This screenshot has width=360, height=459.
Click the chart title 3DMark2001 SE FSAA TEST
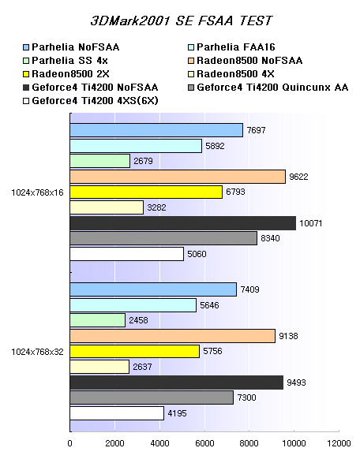click(x=182, y=21)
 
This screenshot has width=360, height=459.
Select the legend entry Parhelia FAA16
click(x=231, y=47)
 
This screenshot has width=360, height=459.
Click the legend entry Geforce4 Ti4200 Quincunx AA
click(x=268, y=88)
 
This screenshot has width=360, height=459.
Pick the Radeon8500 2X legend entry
click(x=66, y=74)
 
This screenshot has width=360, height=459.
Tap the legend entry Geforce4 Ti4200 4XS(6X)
click(x=91, y=101)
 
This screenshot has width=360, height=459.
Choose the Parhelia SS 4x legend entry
click(x=66, y=61)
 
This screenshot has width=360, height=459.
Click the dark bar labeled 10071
click(x=183, y=223)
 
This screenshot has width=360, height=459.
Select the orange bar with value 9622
click(x=178, y=177)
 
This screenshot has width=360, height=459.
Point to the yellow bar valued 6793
click(x=146, y=192)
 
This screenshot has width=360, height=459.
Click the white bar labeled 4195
click(x=117, y=413)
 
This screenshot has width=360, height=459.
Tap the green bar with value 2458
click(x=98, y=320)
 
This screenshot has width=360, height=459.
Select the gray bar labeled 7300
click(x=152, y=397)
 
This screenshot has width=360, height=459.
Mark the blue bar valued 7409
click(x=153, y=289)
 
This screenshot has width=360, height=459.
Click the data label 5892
click(x=215, y=146)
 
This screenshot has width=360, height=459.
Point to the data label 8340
click(x=270, y=238)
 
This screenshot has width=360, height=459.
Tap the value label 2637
click(x=142, y=367)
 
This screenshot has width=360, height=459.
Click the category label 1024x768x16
click(x=37, y=192)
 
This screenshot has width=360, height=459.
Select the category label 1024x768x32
click(x=37, y=352)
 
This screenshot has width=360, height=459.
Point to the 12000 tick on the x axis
click(x=339, y=443)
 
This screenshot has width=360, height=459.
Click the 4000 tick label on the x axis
click(x=159, y=443)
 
